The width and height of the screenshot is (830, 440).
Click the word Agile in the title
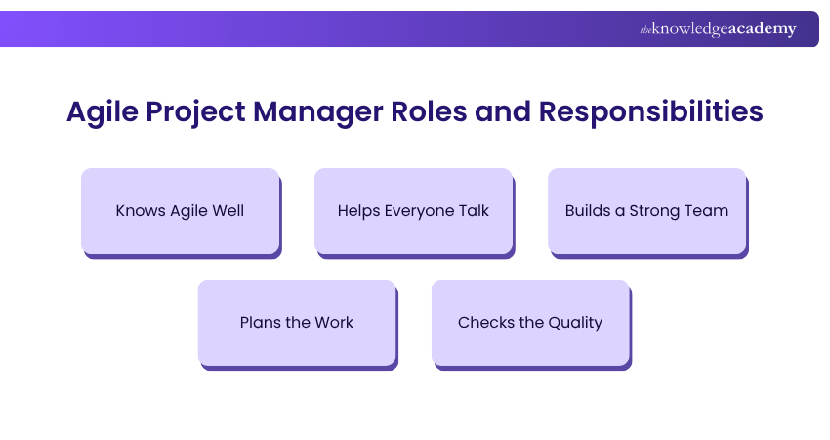[103, 112]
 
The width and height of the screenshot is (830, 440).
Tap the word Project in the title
[196, 112]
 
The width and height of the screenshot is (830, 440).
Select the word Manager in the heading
[318, 112]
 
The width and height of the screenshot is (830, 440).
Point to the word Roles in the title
[429, 111]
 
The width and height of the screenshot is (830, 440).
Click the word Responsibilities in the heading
[650, 112]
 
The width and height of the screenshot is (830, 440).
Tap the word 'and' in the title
[503, 111]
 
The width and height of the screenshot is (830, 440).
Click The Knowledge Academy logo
[718, 29]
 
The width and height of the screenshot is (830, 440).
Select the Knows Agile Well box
[180, 211]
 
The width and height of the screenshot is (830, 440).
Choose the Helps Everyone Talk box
[413, 211]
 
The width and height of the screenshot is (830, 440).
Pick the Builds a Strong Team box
[646, 211]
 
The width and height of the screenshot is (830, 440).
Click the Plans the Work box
[297, 323]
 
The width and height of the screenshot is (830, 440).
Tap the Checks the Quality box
[530, 323]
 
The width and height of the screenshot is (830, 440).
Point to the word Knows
[141, 211]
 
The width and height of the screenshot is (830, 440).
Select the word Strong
[652, 211]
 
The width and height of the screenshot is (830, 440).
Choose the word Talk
[474, 210]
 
